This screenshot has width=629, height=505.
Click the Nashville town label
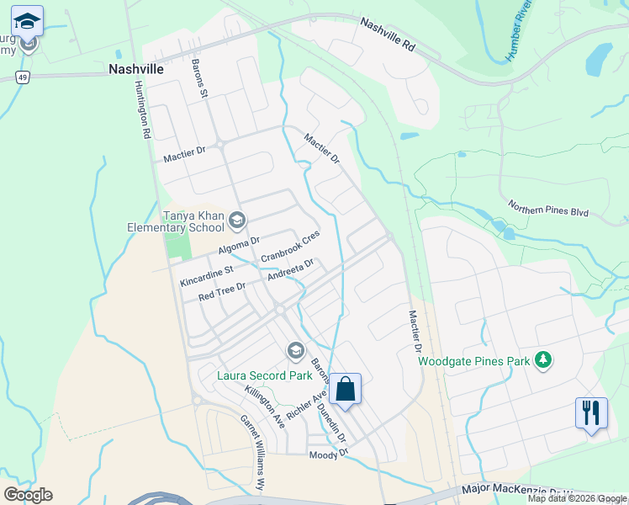pyautogui.click(x=136, y=70)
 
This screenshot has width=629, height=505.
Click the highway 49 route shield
pyautogui.click(x=23, y=77)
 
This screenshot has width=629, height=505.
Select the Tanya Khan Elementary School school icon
pyautogui.click(x=236, y=221)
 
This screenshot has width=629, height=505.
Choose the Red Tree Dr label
pyautogui.click(x=221, y=292)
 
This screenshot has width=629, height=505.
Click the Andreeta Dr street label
pyautogui.click(x=290, y=270)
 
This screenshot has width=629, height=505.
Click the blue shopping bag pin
pyautogui.click(x=345, y=390)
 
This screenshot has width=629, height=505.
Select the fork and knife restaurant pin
pyautogui.click(x=591, y=412)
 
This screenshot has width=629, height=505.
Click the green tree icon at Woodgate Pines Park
pyautogui.click(x=543, y=360)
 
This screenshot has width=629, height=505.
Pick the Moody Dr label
pyautogui.click(x=328, y=454)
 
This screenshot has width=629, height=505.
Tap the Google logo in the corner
pyautogui.click(x=28, y=495)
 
